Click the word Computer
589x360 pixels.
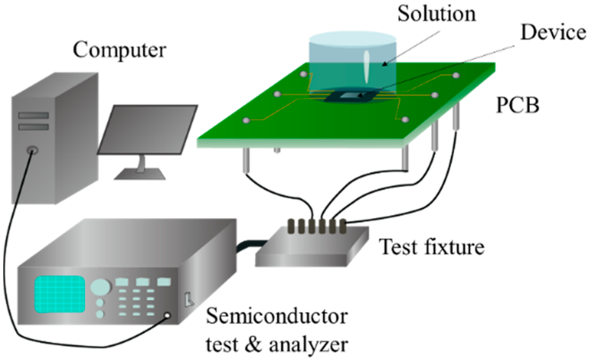point(119,50)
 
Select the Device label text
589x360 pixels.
point(553,33)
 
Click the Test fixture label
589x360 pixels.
point(431,247)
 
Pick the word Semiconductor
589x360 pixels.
point(277,316)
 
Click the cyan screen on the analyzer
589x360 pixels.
point(60,293)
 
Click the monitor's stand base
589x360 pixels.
point(137,174)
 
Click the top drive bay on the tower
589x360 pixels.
point(33,115)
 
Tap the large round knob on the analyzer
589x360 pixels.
point(100,286)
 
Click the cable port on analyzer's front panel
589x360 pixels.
point(168,315)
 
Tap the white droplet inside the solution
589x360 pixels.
point(368,67)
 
